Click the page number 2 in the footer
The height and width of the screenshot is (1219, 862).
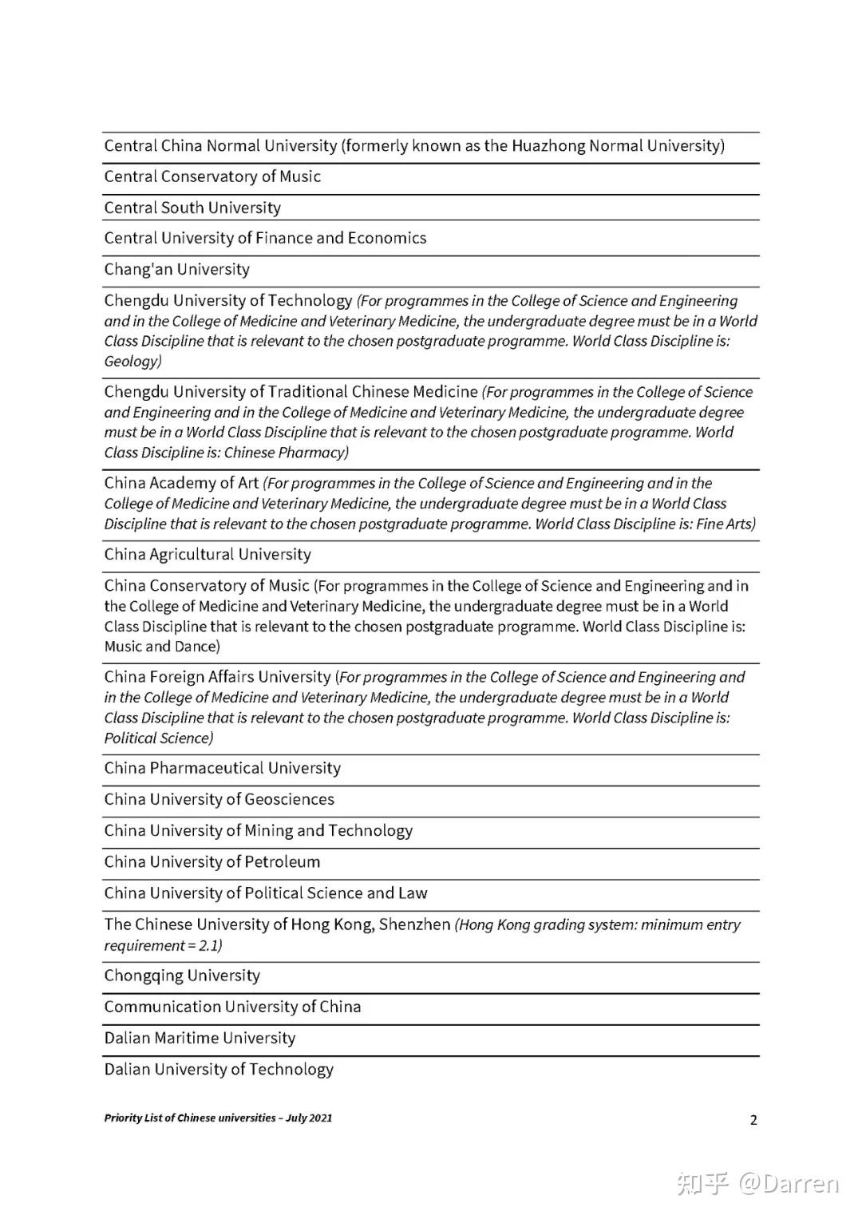click(753, 1120)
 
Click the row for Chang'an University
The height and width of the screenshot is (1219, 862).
click(177, 270)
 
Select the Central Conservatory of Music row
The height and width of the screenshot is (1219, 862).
click(212, 177)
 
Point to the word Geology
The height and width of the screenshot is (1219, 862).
click(131, 362)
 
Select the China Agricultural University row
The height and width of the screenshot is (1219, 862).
click(208, 555)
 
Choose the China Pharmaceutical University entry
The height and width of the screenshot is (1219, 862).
click(223, 769)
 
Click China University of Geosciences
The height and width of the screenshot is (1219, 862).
click(219, 800)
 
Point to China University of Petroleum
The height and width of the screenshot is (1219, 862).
click(212, 862)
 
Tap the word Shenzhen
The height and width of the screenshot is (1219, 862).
click(414, 924)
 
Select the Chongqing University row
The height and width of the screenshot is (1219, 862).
click(182, 976)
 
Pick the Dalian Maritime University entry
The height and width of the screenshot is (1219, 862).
click(200, 1039)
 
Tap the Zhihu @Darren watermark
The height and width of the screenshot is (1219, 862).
click(758, 1183)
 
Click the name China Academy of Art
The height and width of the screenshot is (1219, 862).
click(181, 483)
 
